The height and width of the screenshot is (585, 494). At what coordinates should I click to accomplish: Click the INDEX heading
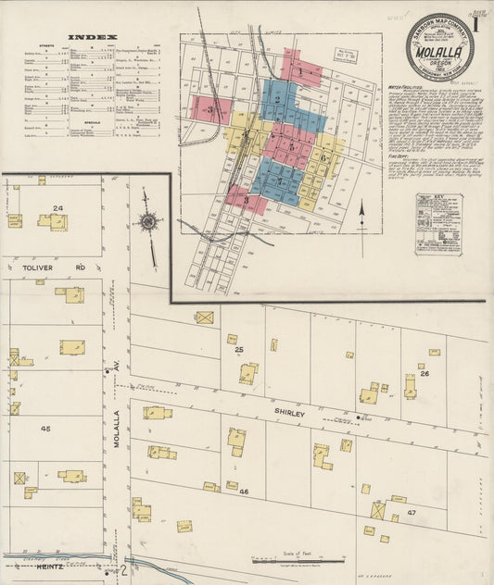93,38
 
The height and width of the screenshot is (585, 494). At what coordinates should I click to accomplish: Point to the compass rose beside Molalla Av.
146,221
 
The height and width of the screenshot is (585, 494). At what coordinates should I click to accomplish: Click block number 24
58,208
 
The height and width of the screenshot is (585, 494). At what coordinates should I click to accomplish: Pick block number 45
45,429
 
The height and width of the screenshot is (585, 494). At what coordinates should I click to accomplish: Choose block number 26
424,373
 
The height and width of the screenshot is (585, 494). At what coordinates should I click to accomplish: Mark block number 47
412,511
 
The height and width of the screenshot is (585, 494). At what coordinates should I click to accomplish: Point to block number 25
238,350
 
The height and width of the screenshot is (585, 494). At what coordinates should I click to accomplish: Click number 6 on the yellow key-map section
323,156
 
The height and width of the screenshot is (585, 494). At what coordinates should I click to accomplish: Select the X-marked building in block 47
378,510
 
